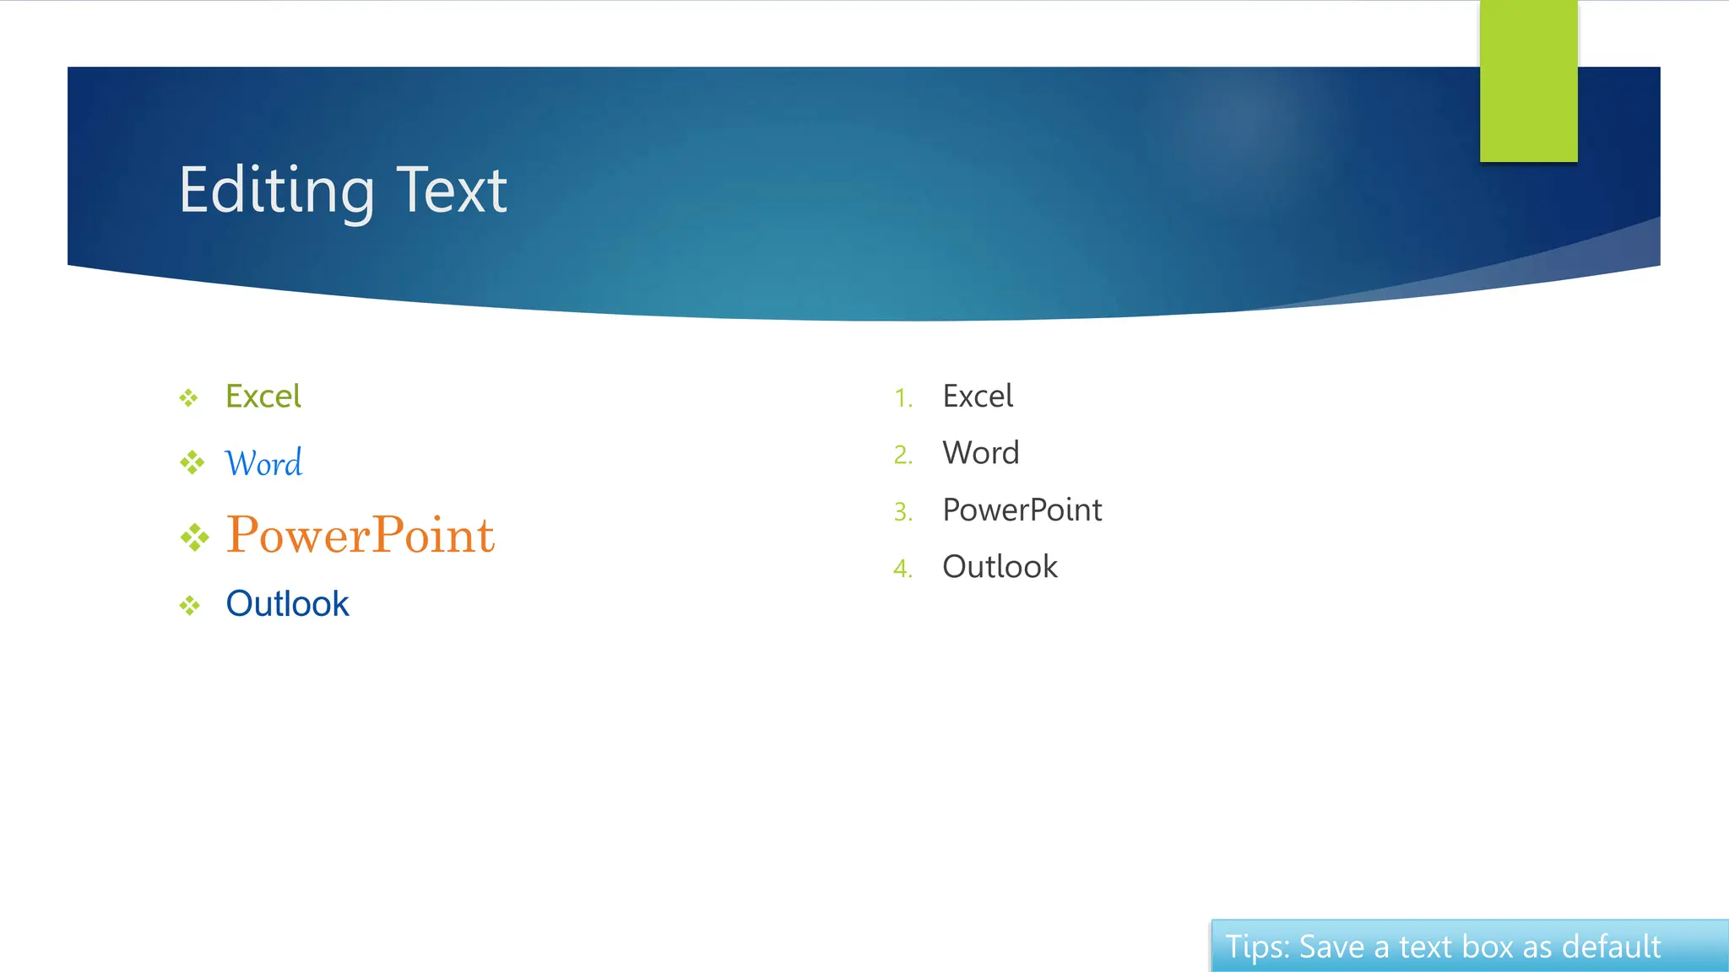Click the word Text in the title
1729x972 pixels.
click(x=452, y=191)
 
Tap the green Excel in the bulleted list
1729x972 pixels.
click(x=263, y=397)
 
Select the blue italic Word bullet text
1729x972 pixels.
click(x=263, y=463)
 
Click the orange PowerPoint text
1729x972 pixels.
click(x=360, y=535)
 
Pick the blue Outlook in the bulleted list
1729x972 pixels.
click(x=287, y=604)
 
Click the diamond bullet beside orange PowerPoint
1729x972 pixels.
click(x=194, y=537)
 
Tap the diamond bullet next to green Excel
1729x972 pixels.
click(x=188, y=397)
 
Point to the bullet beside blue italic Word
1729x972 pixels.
click(x=192, y=462)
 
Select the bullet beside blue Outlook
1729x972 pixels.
click(x=189, y=605)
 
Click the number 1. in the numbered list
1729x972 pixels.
click(x=903, y=398)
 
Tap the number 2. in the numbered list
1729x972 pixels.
click(x=903, y=455)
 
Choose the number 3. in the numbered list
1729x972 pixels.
click(x=903, y=512)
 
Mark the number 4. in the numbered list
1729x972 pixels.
click(x=903, y=569)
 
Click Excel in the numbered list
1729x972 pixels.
click(x=978, y=397)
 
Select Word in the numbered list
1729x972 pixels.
click(x=981, y=453)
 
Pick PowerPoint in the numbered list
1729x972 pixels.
click(x=1022, y=510)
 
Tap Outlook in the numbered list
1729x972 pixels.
click(x=1000, y=567)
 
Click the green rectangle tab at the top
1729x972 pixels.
click(x=1528, y=81)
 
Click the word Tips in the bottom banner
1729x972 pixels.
click(x=1257, y=948)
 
